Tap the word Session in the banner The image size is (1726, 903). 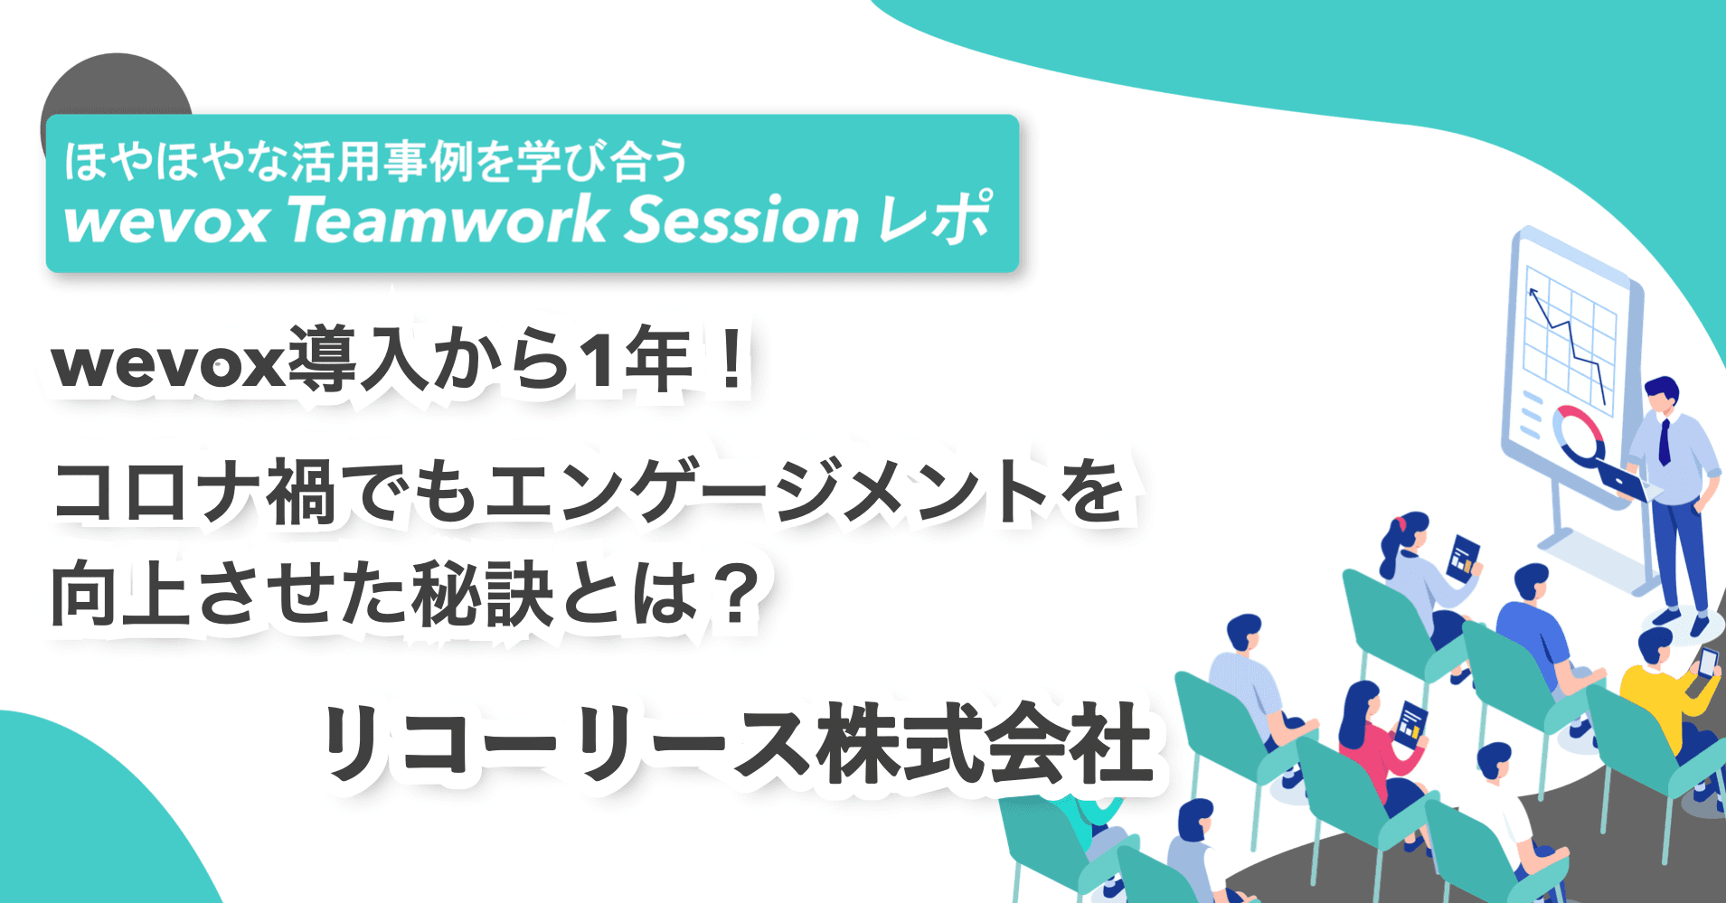pyautogui.click(x=741, y=221)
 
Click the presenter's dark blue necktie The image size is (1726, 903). pyautogui.click(x=1665, y=442)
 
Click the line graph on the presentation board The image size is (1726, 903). pyautogui.click(x=1569, y=343)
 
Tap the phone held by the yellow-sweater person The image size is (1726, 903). pyautogui.click(x=1707, y=664)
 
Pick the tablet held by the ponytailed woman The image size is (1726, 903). pyautogui.click(x=1462, y=557)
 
